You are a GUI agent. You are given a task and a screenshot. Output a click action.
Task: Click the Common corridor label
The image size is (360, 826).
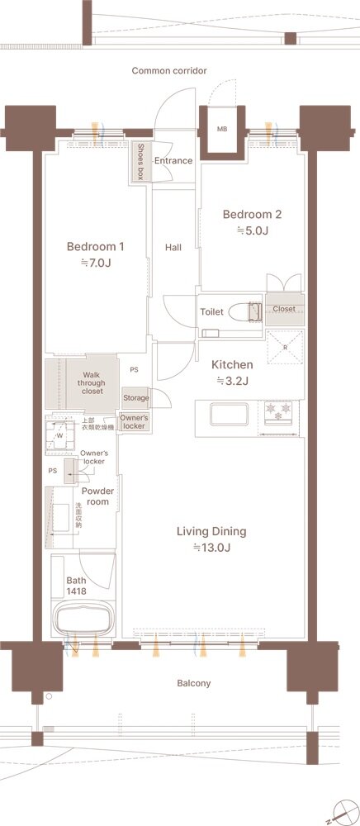(x=169, y=70)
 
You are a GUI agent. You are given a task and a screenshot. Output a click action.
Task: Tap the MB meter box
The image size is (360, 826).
(x=222, y=130)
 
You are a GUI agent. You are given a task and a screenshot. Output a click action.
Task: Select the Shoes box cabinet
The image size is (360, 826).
(x=140, y=162)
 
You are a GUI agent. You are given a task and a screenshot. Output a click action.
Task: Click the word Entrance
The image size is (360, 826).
(x=173, y=161)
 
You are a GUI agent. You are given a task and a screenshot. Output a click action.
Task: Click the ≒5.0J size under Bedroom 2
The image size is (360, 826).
(x=252, y=230)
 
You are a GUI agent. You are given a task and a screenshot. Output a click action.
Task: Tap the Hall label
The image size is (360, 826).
(x=173, y=246)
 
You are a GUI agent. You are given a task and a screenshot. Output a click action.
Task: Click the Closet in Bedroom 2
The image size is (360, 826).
(x=284, y=309)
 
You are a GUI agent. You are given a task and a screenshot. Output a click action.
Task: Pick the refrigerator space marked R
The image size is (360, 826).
(x=285, y=347)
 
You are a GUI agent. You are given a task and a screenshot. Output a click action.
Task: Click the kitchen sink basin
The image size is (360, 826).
(x=230, y=414)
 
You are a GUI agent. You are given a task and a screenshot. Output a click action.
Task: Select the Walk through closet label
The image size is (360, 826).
(x=91, y=383)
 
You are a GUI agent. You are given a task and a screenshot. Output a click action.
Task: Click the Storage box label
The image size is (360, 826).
(x=136, y=398)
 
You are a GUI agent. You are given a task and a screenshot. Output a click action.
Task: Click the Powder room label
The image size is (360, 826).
(x=97, y=496)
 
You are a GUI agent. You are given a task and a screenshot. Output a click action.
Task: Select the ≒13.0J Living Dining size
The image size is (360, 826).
(x=211, y=548)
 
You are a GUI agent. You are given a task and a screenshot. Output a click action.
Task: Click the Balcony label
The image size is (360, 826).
(x=194, y=683)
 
